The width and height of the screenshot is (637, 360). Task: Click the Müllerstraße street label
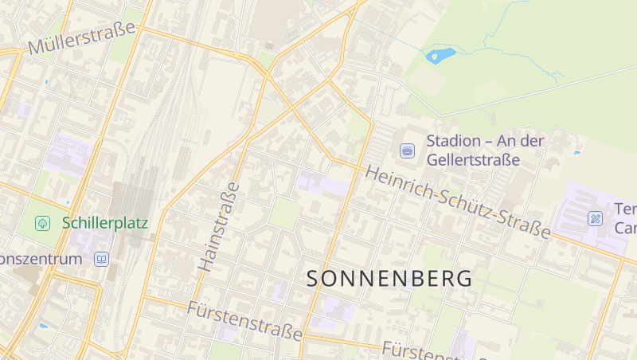tap(81, 38)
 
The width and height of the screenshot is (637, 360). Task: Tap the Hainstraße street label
tap(218, 227)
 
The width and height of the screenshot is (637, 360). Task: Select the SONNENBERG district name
tap(389, 279)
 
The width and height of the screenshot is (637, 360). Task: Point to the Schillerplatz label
tap(105, 222)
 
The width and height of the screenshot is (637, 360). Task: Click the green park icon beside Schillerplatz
tap(42, 223)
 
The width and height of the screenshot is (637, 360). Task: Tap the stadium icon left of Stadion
tap(407, 150)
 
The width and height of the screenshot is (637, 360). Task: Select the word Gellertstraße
tap(473, 159)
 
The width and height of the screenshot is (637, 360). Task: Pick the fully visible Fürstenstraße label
tap(245, 319)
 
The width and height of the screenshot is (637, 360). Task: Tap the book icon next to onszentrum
tap(101, 259)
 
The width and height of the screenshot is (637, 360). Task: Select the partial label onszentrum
tap(41, 259)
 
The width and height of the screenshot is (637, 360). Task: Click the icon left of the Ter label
tap(595, 217)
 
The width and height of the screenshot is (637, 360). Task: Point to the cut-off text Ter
tap(625, 209)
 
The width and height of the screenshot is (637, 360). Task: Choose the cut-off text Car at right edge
tap(625, 228)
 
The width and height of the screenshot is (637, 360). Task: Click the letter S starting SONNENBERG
tap(315, 279)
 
